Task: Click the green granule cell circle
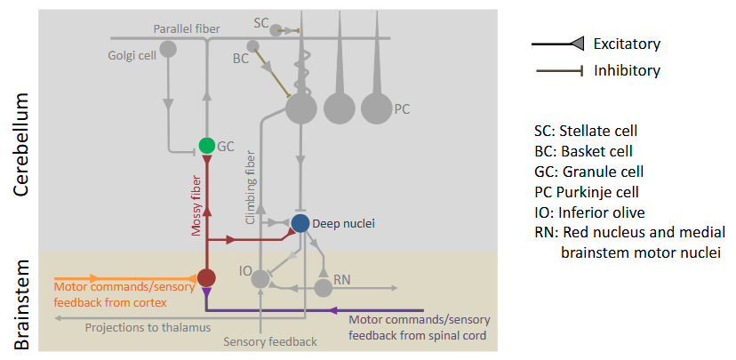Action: tap(206, 145)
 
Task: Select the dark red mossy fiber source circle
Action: tap(206, 277)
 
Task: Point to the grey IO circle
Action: tap(260, 279)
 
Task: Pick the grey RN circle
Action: tap(324, 287)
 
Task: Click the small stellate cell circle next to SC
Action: tap(276, 30)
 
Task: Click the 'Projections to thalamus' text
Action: tap(148, 327)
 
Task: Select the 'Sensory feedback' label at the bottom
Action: tap(270, 342)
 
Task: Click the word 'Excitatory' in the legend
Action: tap(627, 44)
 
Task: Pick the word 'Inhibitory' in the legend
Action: tap(627, 70)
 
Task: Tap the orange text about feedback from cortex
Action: tap(115, 294)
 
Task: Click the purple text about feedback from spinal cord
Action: tap(419, 327)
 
